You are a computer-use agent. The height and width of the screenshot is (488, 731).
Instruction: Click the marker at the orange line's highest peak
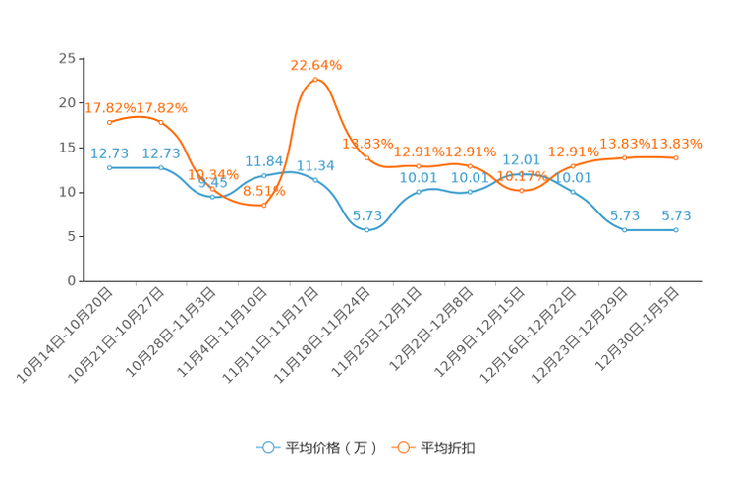(315, 80)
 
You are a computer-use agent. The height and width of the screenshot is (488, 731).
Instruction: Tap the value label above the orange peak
(315, 65)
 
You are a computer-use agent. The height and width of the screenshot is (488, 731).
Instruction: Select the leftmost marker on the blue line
(110, 168)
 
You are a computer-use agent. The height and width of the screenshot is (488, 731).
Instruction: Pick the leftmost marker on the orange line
(110, 122)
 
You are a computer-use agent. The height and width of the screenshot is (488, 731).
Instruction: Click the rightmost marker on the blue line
(676, 229)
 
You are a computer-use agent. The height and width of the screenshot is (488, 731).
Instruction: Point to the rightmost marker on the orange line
(676, 157)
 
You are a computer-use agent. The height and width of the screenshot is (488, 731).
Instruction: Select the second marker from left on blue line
(161, 168)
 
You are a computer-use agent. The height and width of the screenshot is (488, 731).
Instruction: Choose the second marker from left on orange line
(161, 122)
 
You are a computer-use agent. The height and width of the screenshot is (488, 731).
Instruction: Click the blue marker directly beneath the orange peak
(315, 180)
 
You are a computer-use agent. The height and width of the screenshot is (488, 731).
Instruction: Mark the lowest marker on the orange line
(263, 205)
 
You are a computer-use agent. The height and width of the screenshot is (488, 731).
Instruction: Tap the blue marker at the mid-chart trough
(366, 229)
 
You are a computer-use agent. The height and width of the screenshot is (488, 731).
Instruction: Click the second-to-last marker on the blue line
(624, 229)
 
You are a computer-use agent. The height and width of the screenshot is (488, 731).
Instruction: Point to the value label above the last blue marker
(676, 214)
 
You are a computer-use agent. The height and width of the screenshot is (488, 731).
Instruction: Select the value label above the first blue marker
(110, 152)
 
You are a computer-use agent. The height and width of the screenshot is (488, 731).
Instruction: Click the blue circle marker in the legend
(268, 447)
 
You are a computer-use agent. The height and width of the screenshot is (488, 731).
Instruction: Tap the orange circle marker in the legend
(402, 447)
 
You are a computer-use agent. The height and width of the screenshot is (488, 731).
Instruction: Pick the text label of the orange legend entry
(448, 448)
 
